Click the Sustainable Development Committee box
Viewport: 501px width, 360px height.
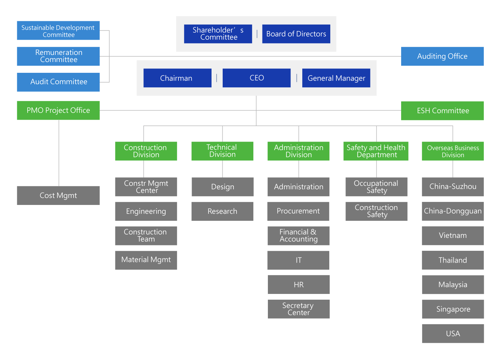(58, 30)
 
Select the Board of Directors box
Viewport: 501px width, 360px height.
(296, 34)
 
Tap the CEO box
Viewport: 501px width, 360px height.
(256, 78)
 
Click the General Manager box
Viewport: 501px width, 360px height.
(336, 78)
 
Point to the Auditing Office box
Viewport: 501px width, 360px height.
(442, 56)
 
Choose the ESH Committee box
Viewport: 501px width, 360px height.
(442, 111)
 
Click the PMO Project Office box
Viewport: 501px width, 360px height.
(58, 110)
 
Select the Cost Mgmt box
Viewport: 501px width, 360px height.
(58, 196)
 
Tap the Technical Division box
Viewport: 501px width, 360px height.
(222, 151)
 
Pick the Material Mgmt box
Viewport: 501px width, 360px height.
(146, 260)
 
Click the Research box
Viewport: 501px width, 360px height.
(222, 211)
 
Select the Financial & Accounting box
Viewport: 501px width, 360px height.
(298, 236)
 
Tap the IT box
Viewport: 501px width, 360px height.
(298, 260)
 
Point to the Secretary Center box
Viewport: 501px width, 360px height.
(299, 309)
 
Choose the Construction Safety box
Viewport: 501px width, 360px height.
(377, 211)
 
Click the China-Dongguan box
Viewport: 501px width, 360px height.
(453, 211)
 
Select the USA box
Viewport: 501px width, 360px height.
(453, 334)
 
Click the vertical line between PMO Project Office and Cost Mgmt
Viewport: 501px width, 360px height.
(59, 153)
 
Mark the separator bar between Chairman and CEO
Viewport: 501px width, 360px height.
(217, 78)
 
